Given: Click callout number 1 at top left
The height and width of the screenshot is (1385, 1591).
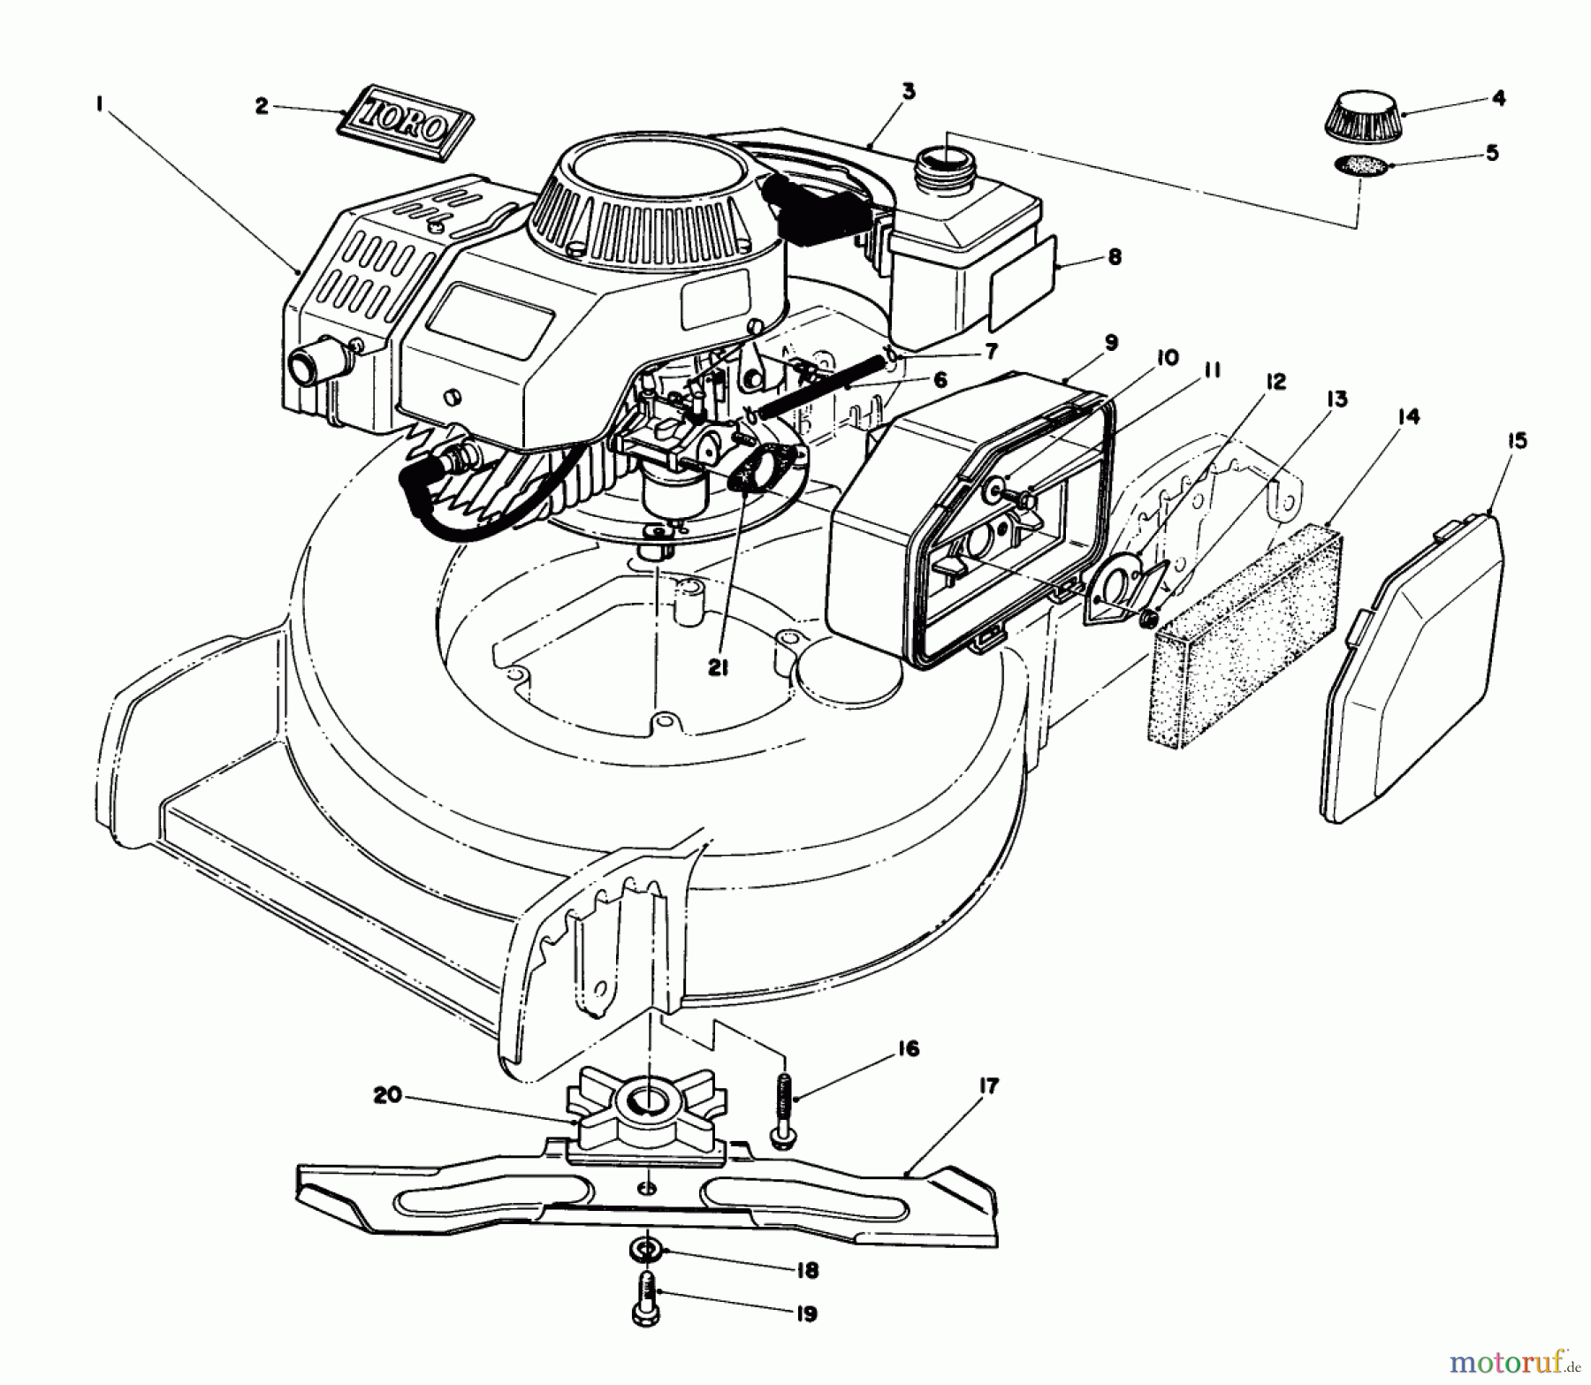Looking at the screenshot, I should click(100, 104).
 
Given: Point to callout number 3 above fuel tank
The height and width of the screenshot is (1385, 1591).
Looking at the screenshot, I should click(908, 90).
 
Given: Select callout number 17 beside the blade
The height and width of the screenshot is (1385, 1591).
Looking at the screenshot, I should click(988, 1087).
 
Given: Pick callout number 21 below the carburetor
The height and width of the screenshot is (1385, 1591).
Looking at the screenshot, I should click(717, 669).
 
